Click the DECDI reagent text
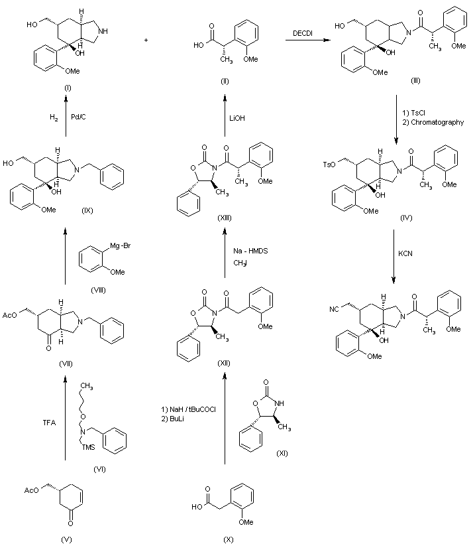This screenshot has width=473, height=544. pyautogui.click(x=303, y=33)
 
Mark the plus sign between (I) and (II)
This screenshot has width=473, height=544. pyautogui.click(x=146, y=40)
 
